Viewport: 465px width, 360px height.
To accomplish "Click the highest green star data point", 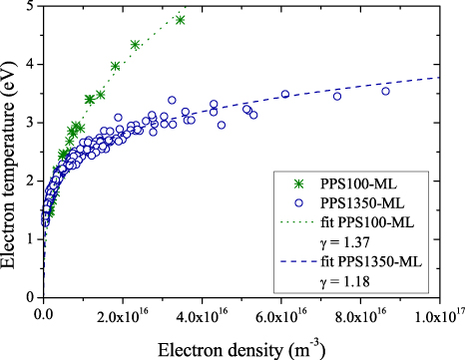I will coord(181,19).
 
